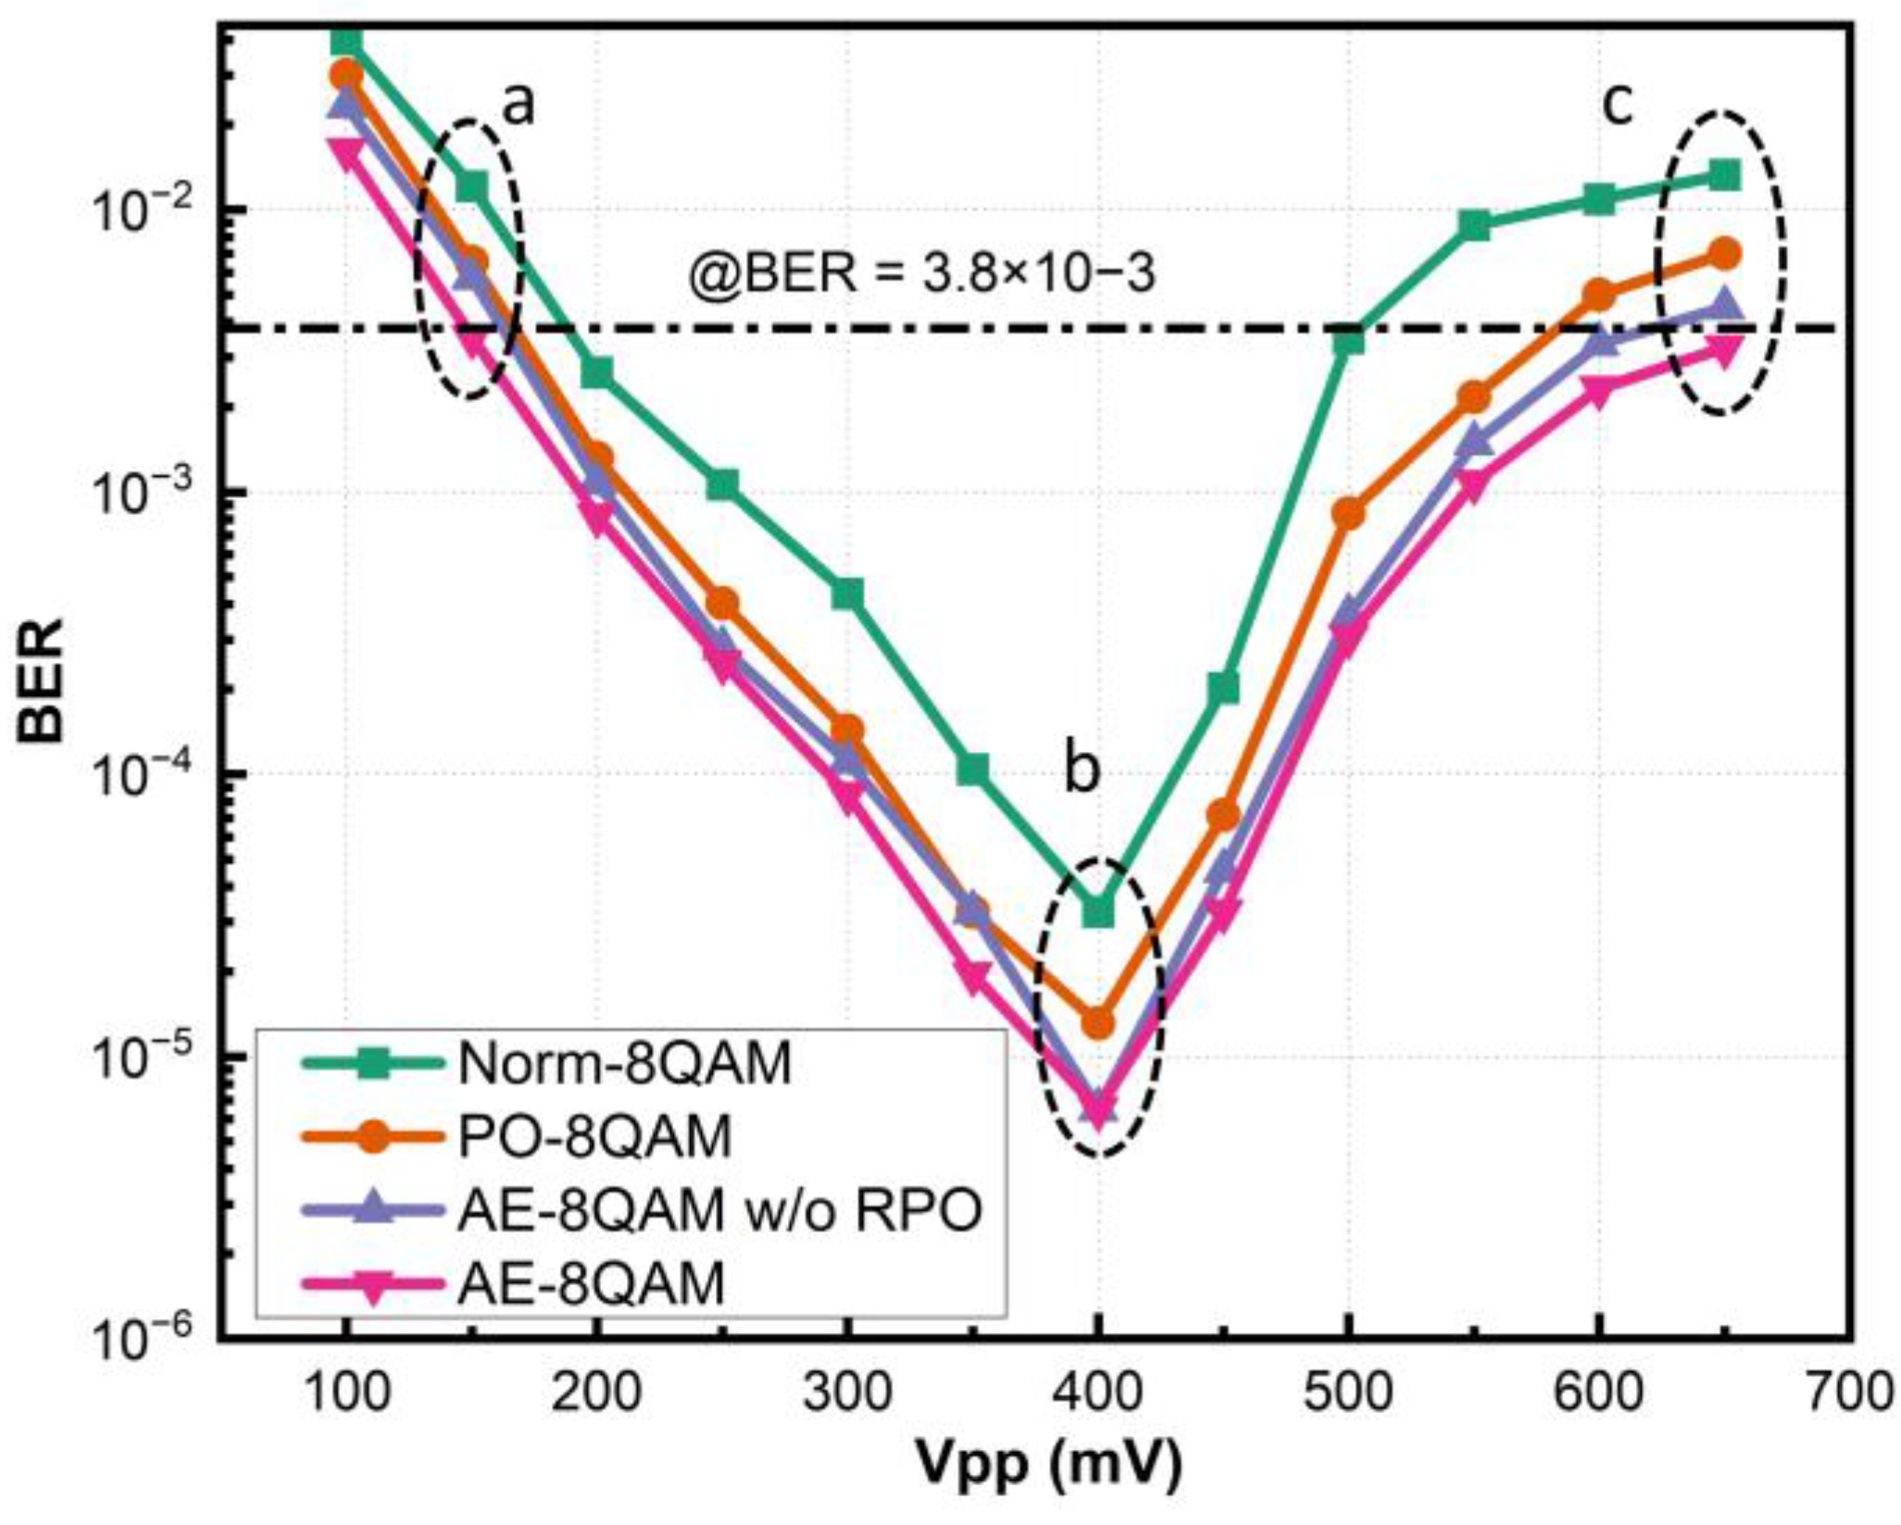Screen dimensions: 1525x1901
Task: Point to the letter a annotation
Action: (519, 104)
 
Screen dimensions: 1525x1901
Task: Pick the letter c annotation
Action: (1617, 104)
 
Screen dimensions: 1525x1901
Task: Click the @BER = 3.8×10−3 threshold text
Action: (922, 275)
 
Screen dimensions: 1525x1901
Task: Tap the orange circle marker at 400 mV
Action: (1098, 1022)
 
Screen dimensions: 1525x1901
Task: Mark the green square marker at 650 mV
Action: (1723, 173)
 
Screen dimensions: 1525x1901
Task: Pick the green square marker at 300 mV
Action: (847, 594)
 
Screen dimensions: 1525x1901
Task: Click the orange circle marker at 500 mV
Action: (1349, 513)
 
